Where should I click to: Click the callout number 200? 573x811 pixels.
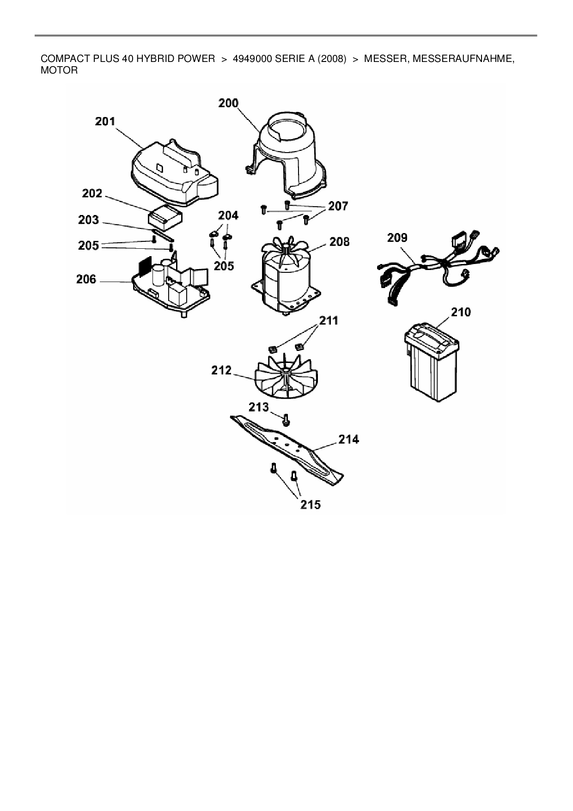pyautogui.click(x=228, y=103)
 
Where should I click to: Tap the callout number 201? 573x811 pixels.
pyautogui.click(x=105, y=121)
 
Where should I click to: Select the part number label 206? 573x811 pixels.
pyautogui.click(x=86, y=279)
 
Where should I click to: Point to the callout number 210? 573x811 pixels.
pyautogui.click(x=461, y=312)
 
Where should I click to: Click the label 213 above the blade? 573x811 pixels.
pyautogui.click(x=259, y=407)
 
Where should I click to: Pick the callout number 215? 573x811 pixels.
pyautogui.click(x=311, y=504)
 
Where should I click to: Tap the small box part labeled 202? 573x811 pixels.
pyautogui.click(x=165, y=217)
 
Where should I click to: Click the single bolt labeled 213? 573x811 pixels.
pyautogui.click(x=286, y=420)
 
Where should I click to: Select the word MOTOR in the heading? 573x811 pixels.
pyautogui.click(x=60, y=71)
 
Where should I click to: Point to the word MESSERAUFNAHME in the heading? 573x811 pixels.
pyautogui.click(x=463, y=59)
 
